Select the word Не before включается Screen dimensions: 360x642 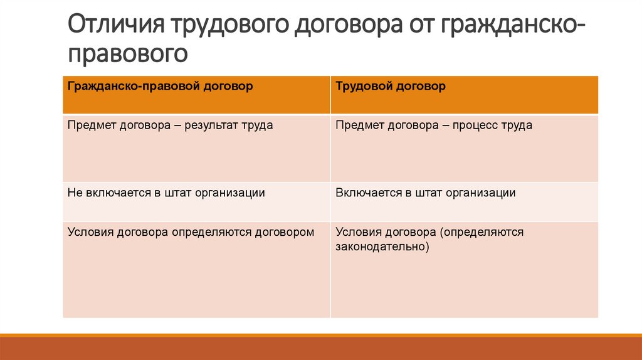74,193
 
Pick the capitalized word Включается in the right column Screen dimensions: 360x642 365,193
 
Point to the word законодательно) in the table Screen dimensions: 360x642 382,246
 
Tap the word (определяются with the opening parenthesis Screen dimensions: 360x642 481,232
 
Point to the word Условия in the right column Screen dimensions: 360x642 357,232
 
